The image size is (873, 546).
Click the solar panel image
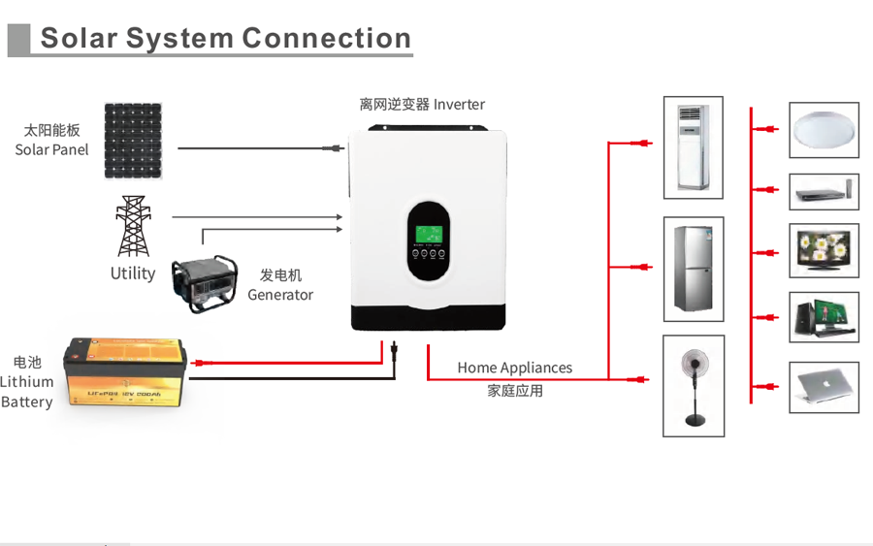coord(133,141)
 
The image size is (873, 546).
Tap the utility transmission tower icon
coord(133,226)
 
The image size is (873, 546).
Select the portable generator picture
coord(205,284)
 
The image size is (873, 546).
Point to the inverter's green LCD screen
coord(428,236)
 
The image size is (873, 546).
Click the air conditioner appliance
coord(693,147)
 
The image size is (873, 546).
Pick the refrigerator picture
coord(693,269)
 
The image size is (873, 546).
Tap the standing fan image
coord(693,385)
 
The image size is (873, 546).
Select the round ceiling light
coord(824,130)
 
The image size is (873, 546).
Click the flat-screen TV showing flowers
coord(824,250)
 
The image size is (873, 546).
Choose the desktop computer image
coord(824,316)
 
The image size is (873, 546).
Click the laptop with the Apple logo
coord(824,386)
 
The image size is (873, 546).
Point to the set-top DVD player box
coord(824,192)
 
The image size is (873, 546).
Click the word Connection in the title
coord(327,39)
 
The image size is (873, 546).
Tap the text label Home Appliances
coord(514,369)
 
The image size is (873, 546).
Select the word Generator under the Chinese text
coord(280,295)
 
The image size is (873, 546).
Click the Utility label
coord(133,273)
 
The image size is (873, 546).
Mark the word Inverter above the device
coord(459,104)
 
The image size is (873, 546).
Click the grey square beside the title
coord(18,40)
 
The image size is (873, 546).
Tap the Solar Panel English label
coord(51,149)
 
